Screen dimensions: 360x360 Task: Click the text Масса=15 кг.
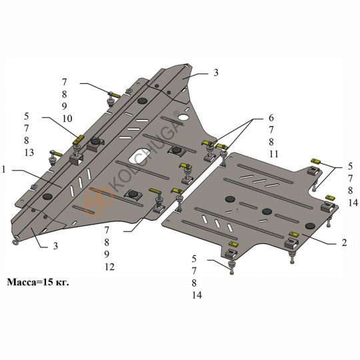38,282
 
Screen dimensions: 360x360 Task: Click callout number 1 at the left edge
3,170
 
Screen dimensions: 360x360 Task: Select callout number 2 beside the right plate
344,243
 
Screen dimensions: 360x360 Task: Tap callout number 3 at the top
216,73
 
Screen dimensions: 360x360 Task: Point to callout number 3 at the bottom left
55,246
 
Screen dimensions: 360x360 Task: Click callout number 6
271,118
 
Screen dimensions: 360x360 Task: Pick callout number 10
67,119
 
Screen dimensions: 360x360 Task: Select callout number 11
274,154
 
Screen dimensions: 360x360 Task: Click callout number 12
109,267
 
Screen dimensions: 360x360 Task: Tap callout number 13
29,153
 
